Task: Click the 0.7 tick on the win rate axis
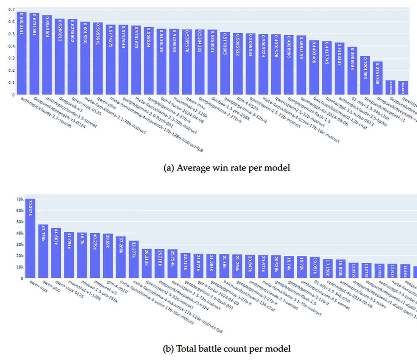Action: (11, 10)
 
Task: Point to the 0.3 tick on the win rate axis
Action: (11, 58)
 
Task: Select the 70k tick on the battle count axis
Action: (20, 199)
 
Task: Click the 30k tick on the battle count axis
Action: (20, 245)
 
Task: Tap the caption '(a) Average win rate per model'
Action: (227, 168)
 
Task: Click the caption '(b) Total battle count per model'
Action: (227, 349)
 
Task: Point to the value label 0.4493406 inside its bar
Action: (314, 52)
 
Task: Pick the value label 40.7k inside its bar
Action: (82, 241)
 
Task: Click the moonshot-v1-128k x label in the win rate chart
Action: (190, 107)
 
